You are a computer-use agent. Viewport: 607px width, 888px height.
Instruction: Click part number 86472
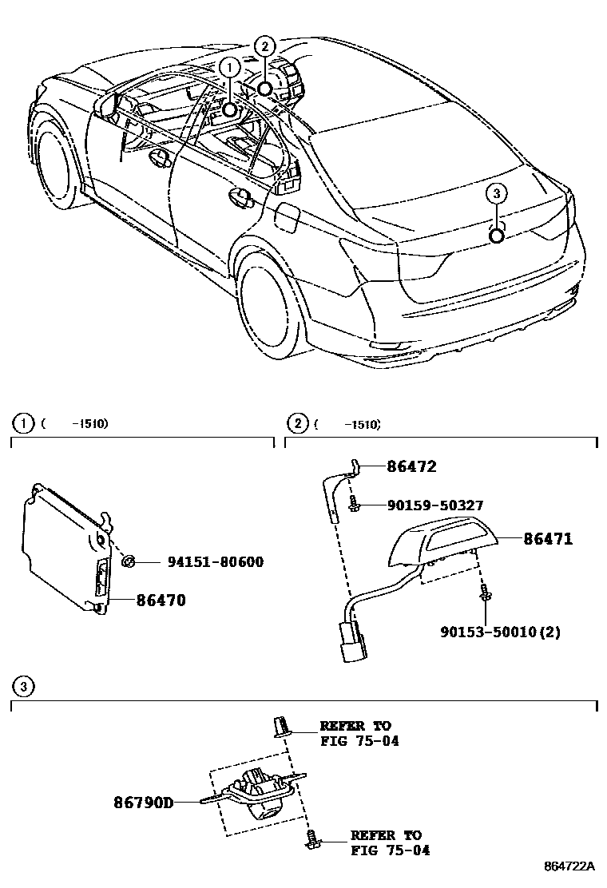412,467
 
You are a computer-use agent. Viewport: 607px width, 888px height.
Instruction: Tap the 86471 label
548,539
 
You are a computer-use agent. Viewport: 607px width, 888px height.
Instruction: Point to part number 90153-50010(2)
500,632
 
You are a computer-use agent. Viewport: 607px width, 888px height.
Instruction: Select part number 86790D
143,801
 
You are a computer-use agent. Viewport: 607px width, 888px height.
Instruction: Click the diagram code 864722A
570,866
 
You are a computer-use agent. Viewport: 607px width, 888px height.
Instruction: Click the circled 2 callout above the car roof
265,46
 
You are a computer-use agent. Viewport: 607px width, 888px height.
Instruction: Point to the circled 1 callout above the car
230,67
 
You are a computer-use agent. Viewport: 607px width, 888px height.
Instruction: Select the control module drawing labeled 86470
64,547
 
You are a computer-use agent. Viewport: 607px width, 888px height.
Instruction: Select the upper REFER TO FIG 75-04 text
358,733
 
